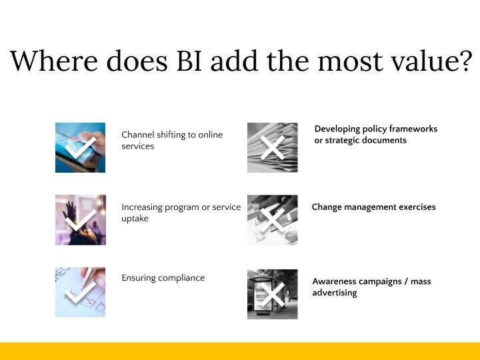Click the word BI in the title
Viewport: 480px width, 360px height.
[189, 61]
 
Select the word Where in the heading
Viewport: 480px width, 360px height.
[54, 60]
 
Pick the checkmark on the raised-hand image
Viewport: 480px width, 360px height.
[81, 221]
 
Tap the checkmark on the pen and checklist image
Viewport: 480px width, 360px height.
[80, 293]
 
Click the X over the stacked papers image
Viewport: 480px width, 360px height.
[273, 148]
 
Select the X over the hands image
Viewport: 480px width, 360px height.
[273, 220]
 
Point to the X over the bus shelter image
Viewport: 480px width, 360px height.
[273, 295]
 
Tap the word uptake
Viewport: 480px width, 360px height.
[135, 219]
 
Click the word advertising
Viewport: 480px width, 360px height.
[335, 293]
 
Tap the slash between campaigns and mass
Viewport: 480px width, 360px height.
[406, 281]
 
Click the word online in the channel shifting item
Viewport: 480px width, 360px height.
[210, 135]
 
